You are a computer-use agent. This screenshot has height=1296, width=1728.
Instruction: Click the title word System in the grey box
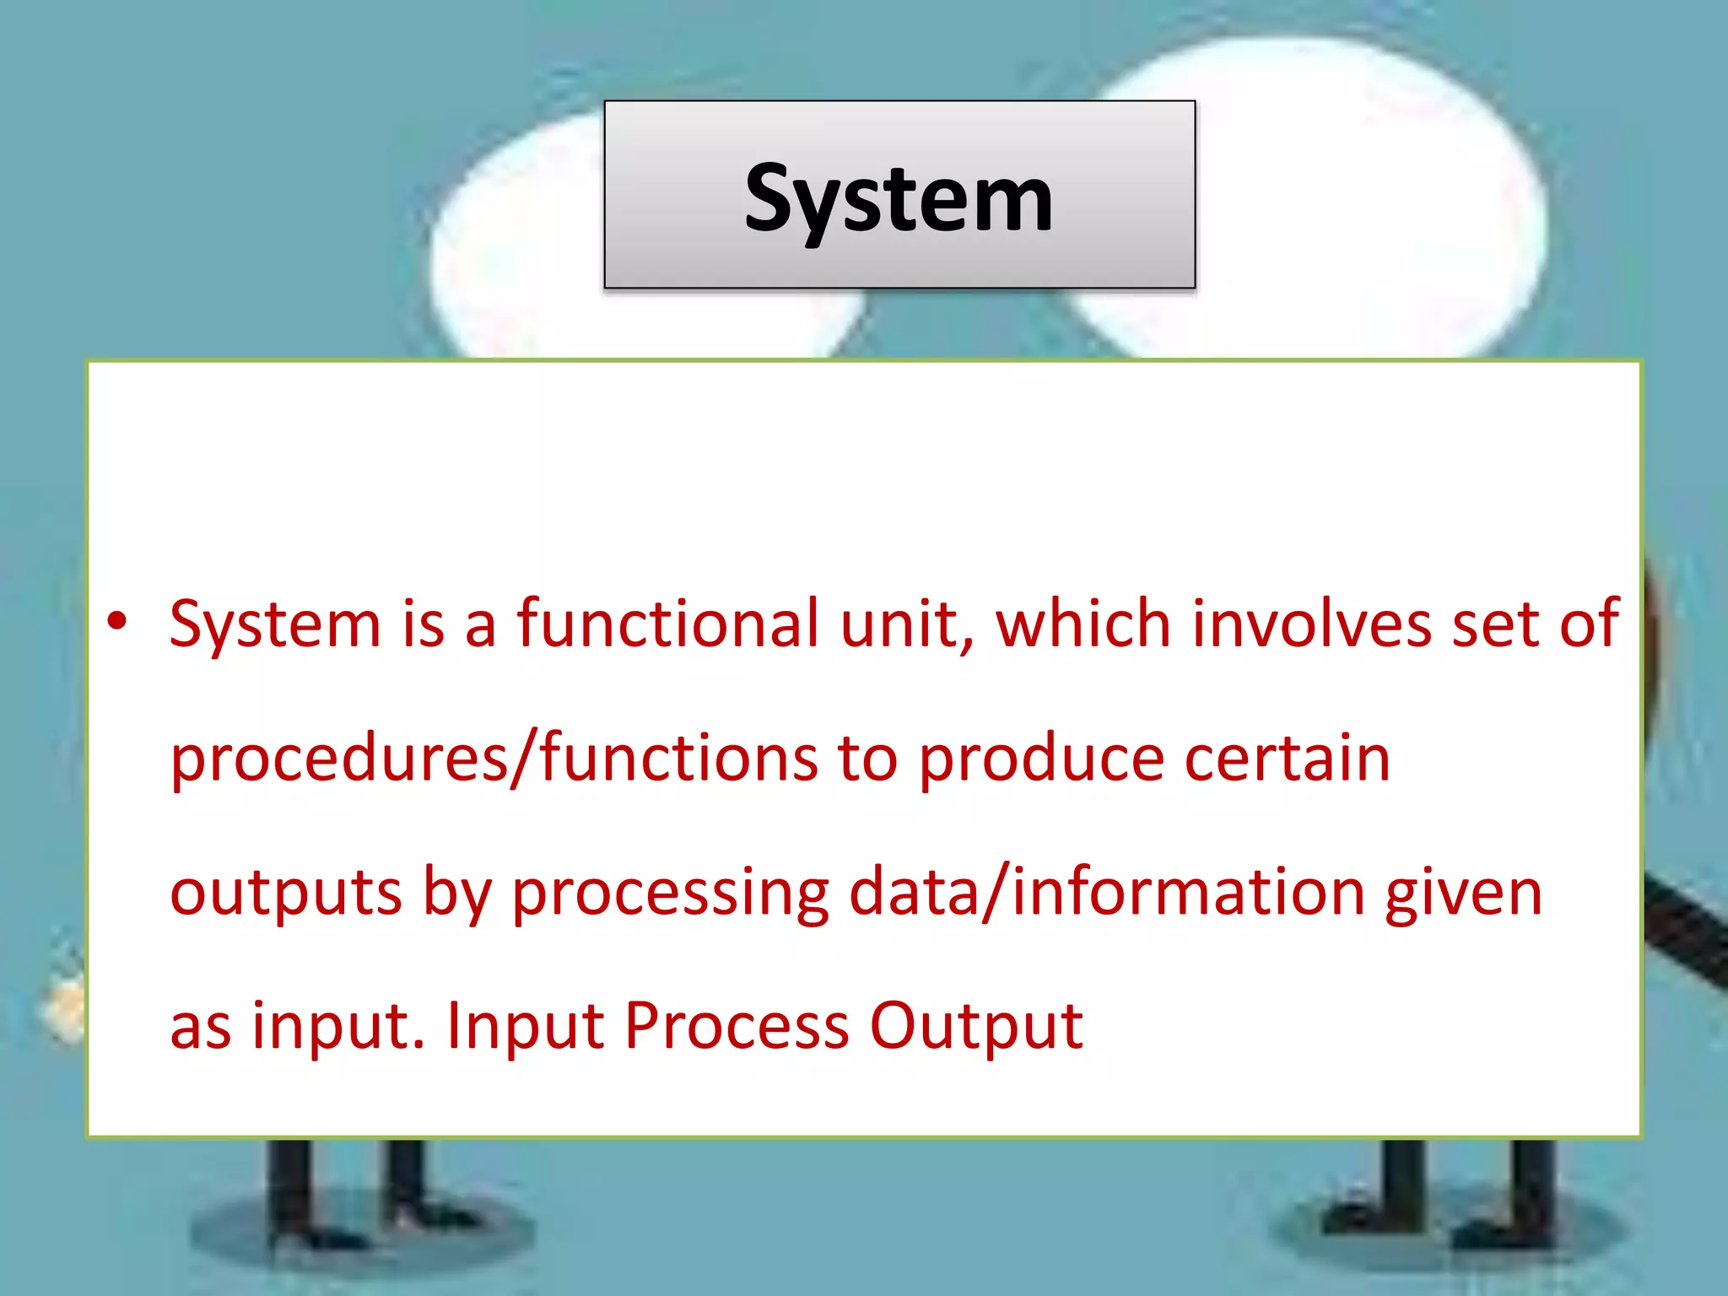(x=899, y=199)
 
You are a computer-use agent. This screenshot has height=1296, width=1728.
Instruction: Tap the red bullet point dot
(x=116, y=622)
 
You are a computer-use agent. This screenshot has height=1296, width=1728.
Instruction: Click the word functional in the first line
(x=668, y=624)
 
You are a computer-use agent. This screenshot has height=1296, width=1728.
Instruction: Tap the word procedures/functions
(x=494, y=758)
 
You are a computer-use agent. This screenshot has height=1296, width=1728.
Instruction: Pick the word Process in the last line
(x=737, y=1026)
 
